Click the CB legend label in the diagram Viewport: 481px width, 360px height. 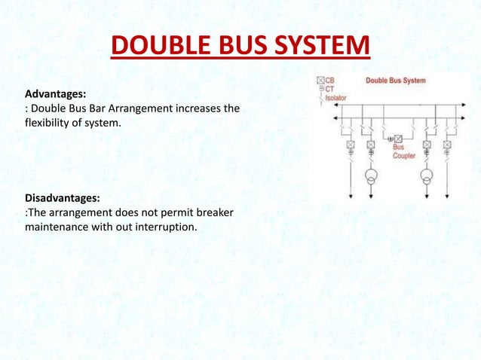330,80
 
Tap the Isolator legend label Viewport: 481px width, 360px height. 336,96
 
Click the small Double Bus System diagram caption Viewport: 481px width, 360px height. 395,81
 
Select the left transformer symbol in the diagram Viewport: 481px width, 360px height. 371,178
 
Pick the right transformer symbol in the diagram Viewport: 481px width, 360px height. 427,178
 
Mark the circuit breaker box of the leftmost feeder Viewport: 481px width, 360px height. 351,145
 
